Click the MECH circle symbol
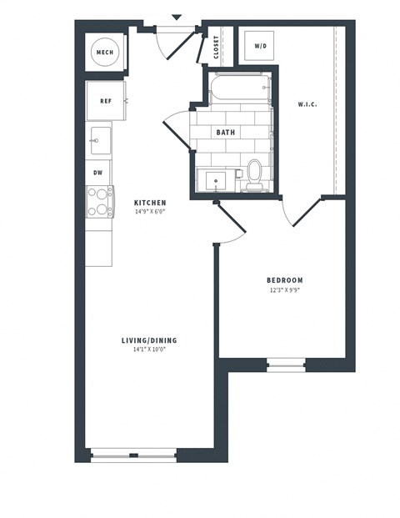pyautogui.click(x=105, y=53)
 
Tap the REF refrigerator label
pyautogui.click(x=106, y=101)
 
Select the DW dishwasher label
pyautogui.click(x=98, y=172)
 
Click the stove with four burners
pyautogui.click(x=100, y=201)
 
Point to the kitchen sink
pyautogui.click(x=100, y=138)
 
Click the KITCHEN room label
pyautogui.click(x=150, y=203)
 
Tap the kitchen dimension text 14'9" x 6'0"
pyautogui.click(x=150, y=213)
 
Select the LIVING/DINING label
pyautogui.click(x=149, y=340)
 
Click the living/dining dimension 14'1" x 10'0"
pyautogui.click(x=149, y=350)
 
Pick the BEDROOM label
pyautogui.click(x=285, y=280)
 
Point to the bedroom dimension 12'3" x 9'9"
pyautogui.click(x=285, y=290)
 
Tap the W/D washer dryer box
pyautogui.click(x=261, y=46)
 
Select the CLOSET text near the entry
pyautogui.click(x=217, y=48)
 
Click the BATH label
pyautogui.click(x=226, y=133)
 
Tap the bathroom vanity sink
pyautogui.click(x=217, y=179)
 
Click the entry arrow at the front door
pyautogui.click(x=176, y=16)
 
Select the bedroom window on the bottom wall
pyautogui.click(x=285, y=364)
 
